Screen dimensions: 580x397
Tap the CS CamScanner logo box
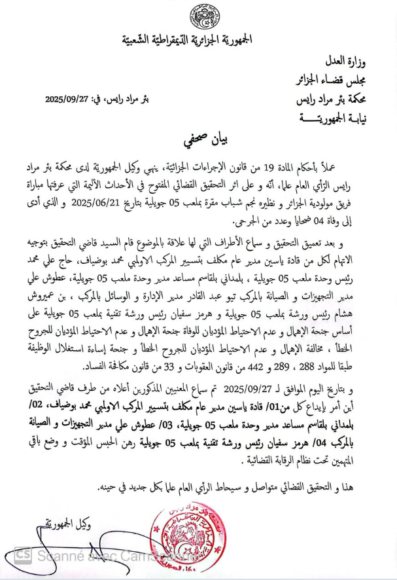click(23, 555)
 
